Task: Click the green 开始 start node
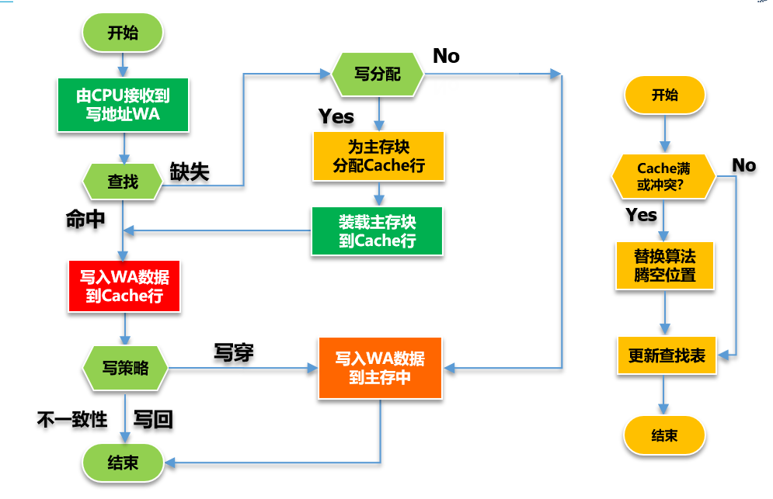(123, 33)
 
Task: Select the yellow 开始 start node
(664, 95)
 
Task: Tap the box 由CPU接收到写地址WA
(123, 105)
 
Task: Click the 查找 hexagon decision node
(123, 182)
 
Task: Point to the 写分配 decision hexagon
(378, 75)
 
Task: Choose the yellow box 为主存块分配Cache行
(378, 155)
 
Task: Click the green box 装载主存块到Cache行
(378, 230)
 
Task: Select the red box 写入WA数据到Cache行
(124, 286)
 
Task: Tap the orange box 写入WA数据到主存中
(380, 369)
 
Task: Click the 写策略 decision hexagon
(125, 369)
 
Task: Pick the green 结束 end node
(123, 463)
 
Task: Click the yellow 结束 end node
(664, 435)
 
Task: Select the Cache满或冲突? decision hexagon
(663, 176)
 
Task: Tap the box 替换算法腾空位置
(664, 265)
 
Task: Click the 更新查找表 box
(667, 355)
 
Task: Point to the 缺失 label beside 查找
(190, 172)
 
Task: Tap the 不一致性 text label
(72, 420)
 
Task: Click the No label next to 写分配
(446, 56)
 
